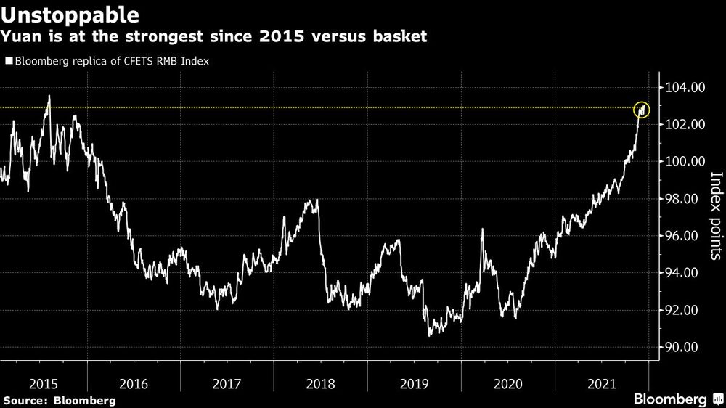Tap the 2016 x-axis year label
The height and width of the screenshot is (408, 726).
[x=134, y=382]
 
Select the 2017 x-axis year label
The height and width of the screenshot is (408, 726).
[x=227, y=382]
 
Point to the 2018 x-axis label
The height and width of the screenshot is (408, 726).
[x=320, y=382]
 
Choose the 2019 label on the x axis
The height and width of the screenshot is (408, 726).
[x=414, y=382]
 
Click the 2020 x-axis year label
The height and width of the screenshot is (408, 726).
[x=507, y=382]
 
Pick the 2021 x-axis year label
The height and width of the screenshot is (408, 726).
[x=601, y=382]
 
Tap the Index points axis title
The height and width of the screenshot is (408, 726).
[x=715, y=216]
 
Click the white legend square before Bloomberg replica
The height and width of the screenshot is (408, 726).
[x=8, y=62]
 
